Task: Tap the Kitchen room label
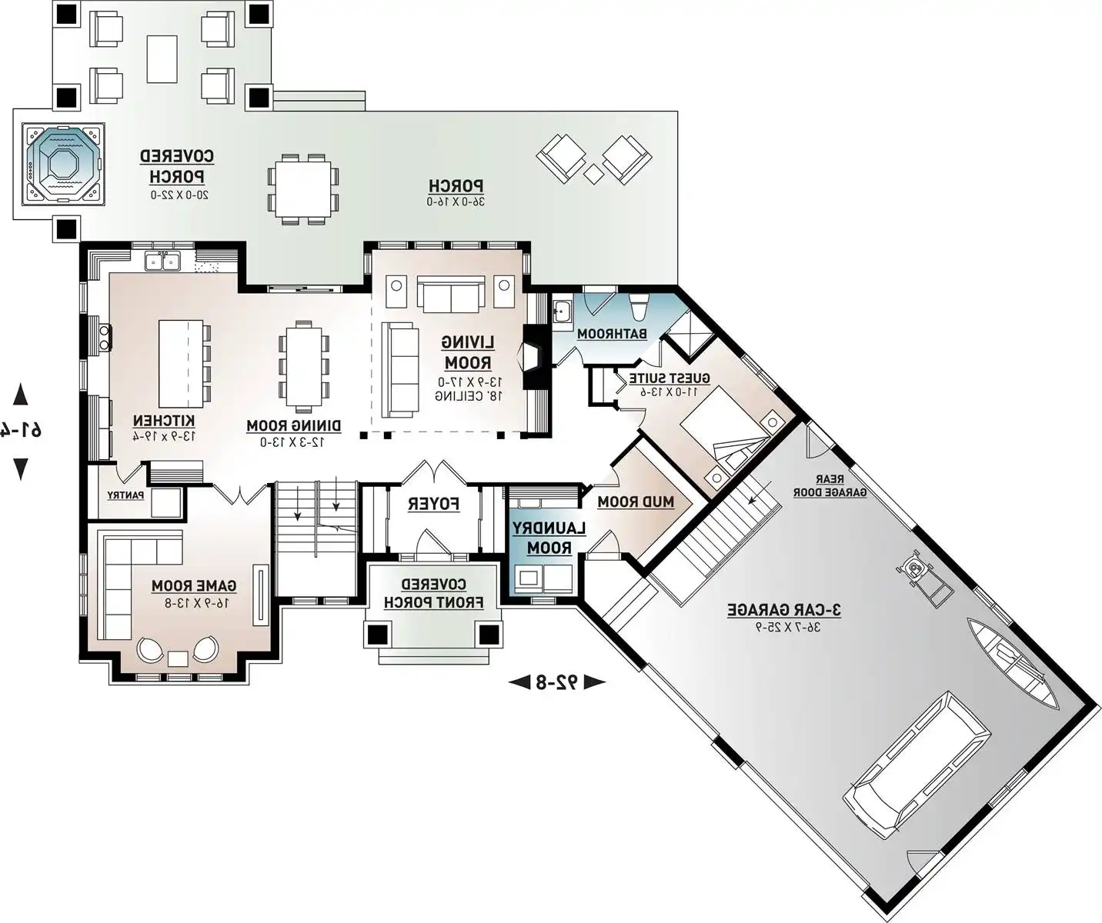pos(163,422)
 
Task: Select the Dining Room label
pos(293,426)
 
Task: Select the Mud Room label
pos(636,502)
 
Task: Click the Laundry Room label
pos(549,538)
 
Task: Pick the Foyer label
pos(433,505)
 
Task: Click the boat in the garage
pos(1014,661)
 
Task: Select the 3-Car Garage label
pos(784,610)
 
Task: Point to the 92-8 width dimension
pos(557,681)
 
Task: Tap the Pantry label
pos(125,495)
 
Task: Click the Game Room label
pos(194,586)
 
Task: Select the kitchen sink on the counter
pos(162,262)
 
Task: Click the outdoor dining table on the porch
pos(301,188)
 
